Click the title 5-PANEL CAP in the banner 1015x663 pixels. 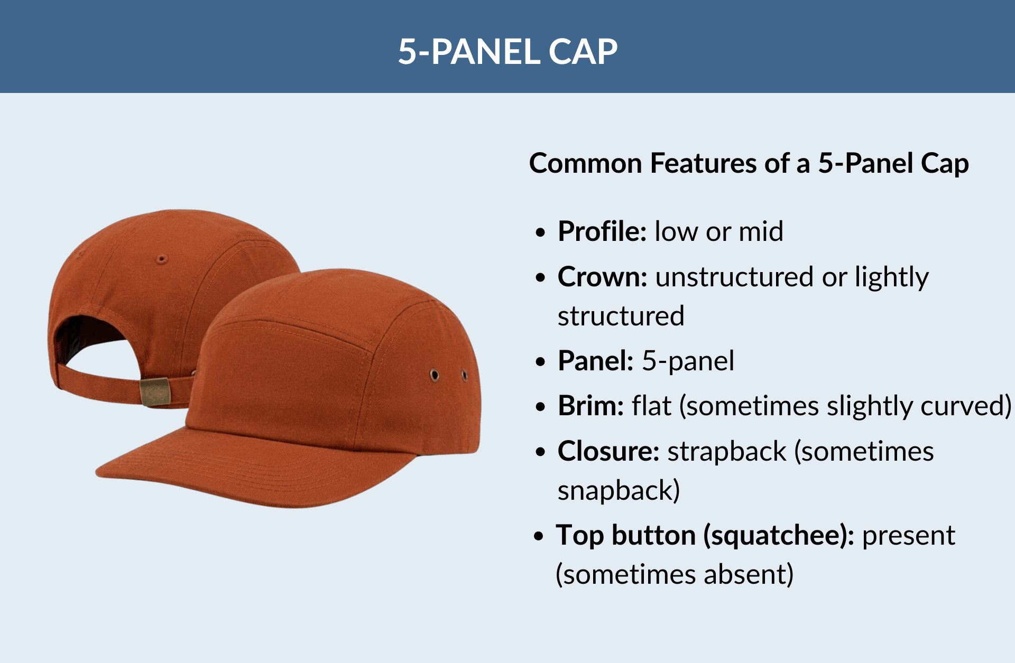[508, 52]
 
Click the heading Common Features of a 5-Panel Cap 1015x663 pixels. [749, 163]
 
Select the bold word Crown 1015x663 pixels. [602, 277]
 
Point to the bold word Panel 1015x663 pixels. [595, 361]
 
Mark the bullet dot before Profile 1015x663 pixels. [540, 232]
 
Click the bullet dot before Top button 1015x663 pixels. [539, 537]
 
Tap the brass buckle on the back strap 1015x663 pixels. [155, 391]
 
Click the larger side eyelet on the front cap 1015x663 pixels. [435, 375]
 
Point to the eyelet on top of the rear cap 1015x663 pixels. [162, 259]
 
